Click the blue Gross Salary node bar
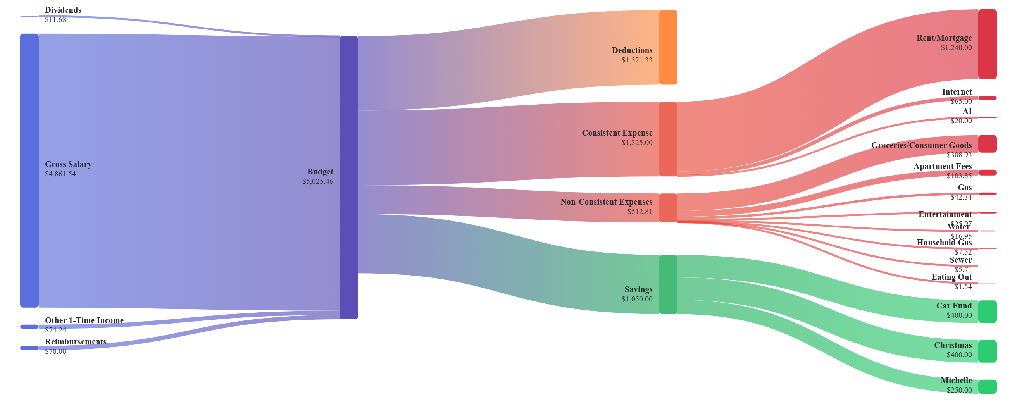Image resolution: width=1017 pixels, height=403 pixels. [x=29, y=170]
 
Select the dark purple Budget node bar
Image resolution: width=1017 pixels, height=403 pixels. [x=348, y=177]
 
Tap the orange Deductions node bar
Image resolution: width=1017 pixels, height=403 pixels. [x=668, y=47]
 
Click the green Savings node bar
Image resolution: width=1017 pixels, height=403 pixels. [x=668, y=284]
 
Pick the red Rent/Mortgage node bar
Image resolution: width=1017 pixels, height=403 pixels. [x=987, y=44]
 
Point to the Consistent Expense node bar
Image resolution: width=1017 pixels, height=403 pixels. [x=668, y=139]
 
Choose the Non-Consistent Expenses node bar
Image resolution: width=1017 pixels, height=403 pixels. [x=668, y=208]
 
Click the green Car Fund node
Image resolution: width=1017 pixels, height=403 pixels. [x=987, y=312]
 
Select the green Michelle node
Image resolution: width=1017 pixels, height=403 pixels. [x=987, y=386]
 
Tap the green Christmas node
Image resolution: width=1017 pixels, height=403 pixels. [x=987, y=351]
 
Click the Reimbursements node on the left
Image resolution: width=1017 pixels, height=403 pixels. [x=29, y=348]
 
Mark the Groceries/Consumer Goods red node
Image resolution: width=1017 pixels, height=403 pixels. [x=987, y=144]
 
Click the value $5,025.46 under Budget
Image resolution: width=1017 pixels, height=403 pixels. [x=318, y=181]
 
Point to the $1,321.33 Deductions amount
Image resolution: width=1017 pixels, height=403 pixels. [x=637, y=60]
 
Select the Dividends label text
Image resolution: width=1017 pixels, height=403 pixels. [x=63, y=10]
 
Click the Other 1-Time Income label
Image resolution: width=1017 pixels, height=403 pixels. [x=84, y=320]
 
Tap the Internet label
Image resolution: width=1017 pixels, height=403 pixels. [x=957, y=91]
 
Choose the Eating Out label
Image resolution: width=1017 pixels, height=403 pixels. [x=951, y=277]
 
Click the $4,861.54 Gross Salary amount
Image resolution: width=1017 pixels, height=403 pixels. [x=60, y=174]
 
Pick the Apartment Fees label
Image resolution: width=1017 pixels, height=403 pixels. [x=942, y=166]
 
